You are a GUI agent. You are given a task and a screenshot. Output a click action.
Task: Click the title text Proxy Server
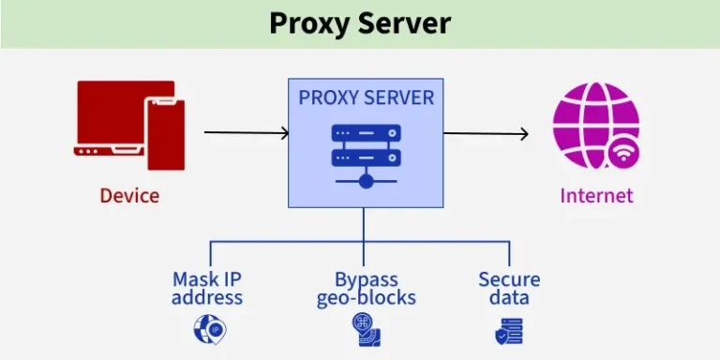click(360, 22)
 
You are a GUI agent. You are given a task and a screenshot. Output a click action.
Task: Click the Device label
click(129, 196)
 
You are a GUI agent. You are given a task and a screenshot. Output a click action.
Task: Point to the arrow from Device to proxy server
click(246, 133)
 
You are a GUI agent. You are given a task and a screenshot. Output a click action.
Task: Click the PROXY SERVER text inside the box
click(366, 97)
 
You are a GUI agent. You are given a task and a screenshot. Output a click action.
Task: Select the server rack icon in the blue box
click(366, 150)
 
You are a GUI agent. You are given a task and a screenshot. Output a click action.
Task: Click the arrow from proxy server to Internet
click(486, 133)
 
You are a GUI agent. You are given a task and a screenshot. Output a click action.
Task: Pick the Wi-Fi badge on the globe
click(623, 152)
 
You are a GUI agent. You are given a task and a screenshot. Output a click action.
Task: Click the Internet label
click(596, 196)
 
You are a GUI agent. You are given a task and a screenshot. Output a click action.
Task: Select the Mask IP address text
click(207, 289)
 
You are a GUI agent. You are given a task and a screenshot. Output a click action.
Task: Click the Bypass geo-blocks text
click(366, 289)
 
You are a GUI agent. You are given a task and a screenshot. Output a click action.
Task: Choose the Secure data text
click(509, 289)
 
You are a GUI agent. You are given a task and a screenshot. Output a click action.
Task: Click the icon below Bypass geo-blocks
click(366, 327)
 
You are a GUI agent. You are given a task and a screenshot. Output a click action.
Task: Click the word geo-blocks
click(366, 299)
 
